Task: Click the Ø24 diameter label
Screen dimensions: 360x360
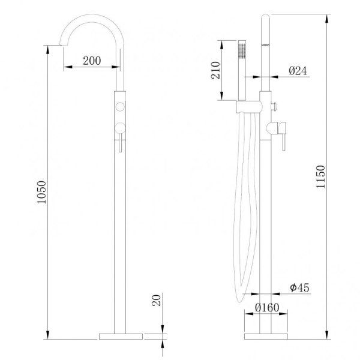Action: [x=298, y=71]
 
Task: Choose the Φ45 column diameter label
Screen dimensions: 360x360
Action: [x=298, y=289]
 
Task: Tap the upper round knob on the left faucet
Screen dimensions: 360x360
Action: [x=120, y=107]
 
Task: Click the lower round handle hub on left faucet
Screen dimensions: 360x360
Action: [x=120, y=127]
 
